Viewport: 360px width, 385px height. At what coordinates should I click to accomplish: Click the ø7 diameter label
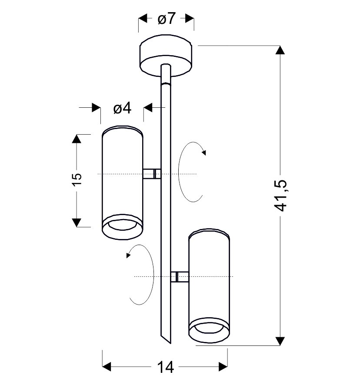pyautogui.click(x=167, y=18)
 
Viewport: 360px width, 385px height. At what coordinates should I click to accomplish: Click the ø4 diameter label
pyautogui.click(x=122, y=108)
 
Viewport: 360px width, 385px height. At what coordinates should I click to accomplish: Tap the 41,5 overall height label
pyautogui.click(x=280, y=196)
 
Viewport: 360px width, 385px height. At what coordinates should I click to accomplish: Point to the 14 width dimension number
pyautogui.click(x=165, y=367)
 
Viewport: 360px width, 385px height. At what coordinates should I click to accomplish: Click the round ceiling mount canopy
pyautogui.click(x=166, y=56)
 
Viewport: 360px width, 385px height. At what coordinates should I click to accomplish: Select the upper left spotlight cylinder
pyautogui.click(x=122, y=183)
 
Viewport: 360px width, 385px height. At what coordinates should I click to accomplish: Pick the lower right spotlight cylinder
pyautogui.click(x=209, y=285)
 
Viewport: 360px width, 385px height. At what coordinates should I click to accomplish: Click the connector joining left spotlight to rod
pyautogui.click(x=152, y=174)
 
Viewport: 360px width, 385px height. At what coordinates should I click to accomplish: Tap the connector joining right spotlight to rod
pyautogui.click(x=180, y=277)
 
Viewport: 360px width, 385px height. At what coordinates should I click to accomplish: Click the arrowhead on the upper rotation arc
pyautogui.click(x=204, y=153)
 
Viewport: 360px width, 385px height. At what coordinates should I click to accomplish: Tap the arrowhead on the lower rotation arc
pyautogui.click(x=128, y=256)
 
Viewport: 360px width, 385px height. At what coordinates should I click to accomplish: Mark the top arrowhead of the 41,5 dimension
pyautogui.click(x=280, y=50)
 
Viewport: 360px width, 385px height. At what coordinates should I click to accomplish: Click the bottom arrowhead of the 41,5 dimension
pyautogui.click(x=280, y=341)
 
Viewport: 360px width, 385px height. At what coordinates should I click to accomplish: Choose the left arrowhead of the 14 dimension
pyautogui.click(x=107, y=367)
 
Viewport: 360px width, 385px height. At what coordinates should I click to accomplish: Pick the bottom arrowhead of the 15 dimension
pyautogui.click(x=77, y=223)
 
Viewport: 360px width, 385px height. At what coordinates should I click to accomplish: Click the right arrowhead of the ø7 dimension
pyautogui.click(x=190, y=18)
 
